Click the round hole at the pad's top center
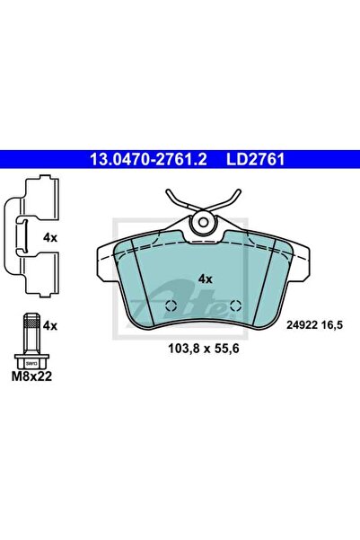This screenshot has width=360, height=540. pyautogui.click(x=204, y=221)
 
